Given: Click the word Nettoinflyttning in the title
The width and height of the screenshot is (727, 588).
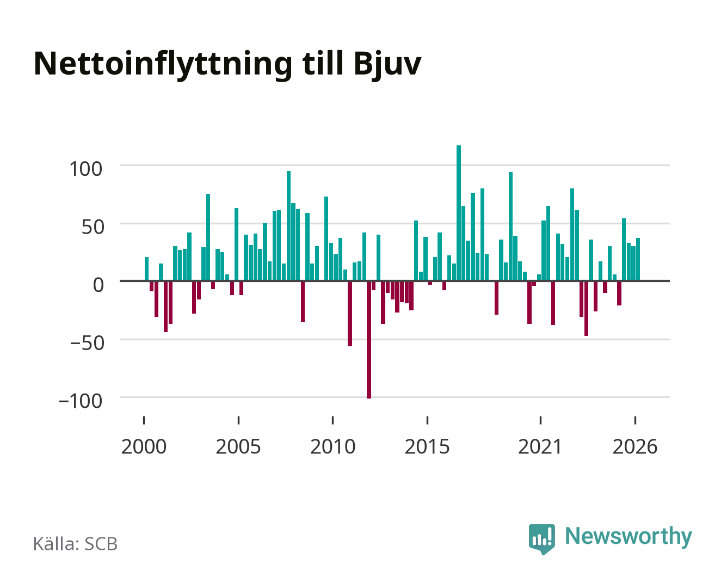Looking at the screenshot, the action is pos(163,65).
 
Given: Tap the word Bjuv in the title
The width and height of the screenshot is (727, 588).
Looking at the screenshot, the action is pos(387,65).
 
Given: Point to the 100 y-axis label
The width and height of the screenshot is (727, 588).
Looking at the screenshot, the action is pos(85,169).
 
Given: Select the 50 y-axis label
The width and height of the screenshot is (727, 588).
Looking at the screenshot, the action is pos(93,227).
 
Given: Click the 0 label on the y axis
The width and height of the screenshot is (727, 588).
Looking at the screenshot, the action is pos(98,285).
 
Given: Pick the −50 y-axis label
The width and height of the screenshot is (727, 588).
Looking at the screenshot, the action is pos(87,343).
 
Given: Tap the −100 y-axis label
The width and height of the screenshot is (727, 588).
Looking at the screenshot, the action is pos(81,401).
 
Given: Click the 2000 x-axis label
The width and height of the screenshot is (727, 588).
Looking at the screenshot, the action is pos(144,446).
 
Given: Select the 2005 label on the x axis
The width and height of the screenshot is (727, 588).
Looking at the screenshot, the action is pos(238,446).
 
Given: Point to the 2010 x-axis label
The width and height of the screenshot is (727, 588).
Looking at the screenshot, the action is pos(333,446).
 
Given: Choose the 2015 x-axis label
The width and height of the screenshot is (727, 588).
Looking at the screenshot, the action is pos(427,446).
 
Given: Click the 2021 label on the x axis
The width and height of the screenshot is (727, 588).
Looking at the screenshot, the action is pos(540,446).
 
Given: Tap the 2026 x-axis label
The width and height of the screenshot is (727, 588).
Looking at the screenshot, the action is pos(635,446).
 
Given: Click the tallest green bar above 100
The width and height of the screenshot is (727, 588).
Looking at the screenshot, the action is pos(459,213).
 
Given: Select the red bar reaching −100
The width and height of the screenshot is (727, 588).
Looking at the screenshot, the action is pos(369,340).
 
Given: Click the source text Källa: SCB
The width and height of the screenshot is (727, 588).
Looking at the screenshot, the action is pos(75,543).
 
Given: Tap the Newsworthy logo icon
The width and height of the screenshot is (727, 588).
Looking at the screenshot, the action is pos(541,539).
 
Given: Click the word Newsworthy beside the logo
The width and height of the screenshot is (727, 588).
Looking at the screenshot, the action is pos(629,536).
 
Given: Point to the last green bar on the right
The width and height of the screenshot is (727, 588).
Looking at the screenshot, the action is pos(638,259).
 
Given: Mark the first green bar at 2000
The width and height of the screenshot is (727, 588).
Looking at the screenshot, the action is pos(147,269).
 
